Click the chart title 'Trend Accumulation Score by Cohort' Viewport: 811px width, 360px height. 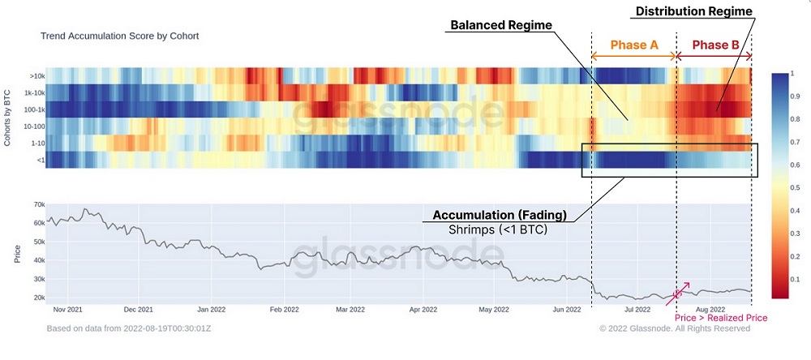(119, 36)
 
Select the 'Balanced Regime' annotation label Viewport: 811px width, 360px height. (500, 25)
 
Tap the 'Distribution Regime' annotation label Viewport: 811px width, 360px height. (693, 11)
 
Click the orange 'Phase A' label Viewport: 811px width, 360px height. (634, 45)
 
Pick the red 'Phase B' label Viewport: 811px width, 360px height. (714, 45)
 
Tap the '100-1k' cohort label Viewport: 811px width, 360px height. (33, 109)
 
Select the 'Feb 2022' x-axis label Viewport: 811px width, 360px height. (285, 309)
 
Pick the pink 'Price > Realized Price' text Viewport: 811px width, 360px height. (722, 318)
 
